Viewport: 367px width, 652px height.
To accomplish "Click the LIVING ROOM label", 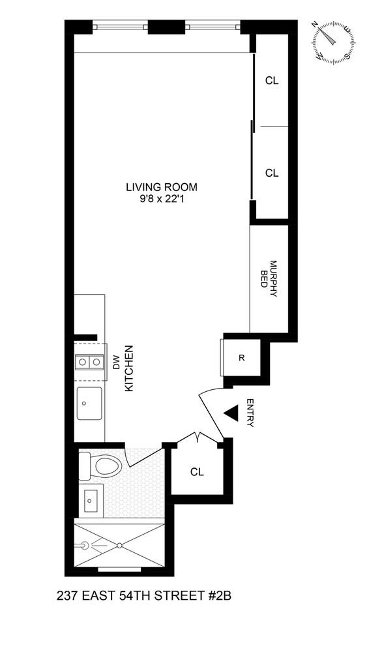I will tap(161, 187).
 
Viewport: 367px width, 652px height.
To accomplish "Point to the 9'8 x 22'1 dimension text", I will tap(161, 199).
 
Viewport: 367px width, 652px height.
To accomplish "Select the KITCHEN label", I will tap(128, 368).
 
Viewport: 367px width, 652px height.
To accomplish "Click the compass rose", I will tap(334, 42).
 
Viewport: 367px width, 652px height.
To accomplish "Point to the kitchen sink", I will tap(89, 404).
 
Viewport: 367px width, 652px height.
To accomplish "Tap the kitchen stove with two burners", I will tap(89, 361).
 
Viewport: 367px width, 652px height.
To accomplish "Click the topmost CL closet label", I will tap(272, 81).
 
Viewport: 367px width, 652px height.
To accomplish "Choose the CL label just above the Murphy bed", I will tap(272, 173).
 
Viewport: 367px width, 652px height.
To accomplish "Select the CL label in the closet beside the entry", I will tap(197, 471).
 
